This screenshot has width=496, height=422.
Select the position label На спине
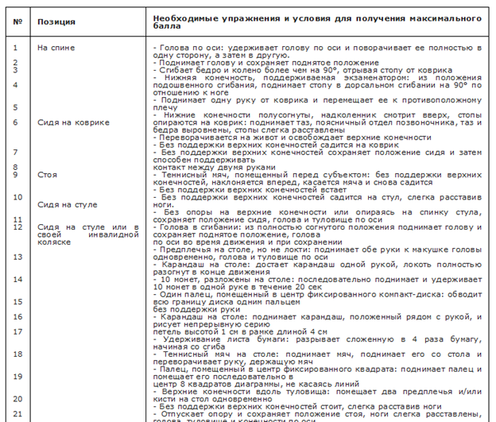[56, 48]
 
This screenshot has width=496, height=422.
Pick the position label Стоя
[46, 174]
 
